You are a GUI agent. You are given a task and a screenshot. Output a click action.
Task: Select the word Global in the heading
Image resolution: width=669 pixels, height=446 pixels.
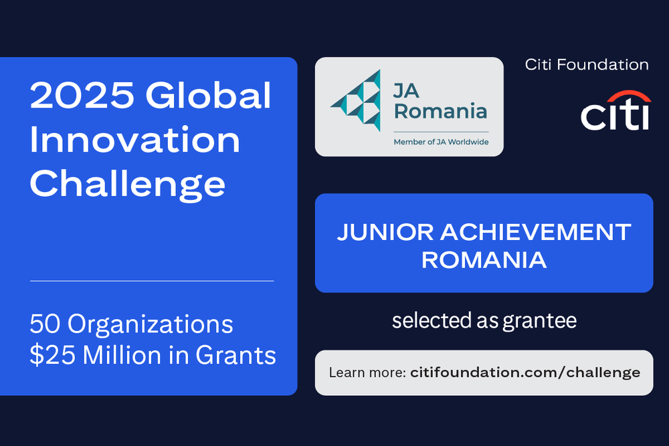click(209, 96)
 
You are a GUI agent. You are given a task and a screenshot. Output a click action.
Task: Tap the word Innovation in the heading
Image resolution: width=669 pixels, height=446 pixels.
click(134, 140)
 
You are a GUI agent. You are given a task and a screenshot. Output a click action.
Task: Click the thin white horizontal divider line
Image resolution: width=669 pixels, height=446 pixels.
click(152, 281)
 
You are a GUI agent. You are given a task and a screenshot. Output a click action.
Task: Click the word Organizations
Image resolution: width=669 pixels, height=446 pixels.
click(149, 324)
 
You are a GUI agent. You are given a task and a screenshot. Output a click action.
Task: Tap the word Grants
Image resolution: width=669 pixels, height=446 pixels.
click(235, 355)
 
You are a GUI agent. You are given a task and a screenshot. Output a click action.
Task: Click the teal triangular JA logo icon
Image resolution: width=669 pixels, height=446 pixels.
click(357, 100)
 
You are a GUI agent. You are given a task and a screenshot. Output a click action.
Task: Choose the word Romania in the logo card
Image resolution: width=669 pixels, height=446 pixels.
click(440, 111)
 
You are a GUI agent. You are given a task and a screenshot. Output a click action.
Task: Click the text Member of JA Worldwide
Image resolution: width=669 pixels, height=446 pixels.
click(440, 142)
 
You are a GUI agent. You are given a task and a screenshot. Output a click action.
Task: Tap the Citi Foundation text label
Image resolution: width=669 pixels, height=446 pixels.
click(586, 65)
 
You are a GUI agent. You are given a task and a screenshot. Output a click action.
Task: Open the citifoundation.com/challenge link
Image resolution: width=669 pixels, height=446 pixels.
click(525, 372)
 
